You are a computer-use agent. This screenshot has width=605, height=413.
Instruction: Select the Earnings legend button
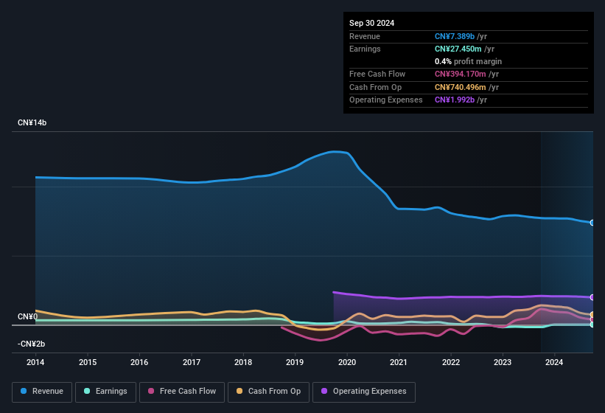(105, 392)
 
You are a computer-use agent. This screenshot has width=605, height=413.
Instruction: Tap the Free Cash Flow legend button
(182, 392)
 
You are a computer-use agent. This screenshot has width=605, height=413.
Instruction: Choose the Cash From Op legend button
(267, 392)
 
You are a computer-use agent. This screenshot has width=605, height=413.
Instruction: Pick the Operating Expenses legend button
(364, 392)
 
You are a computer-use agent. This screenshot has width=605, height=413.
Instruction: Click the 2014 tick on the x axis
(35, 362)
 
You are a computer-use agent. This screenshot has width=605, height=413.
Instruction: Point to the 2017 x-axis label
(192, 362)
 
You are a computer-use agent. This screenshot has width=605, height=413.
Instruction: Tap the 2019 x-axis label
(295, 362)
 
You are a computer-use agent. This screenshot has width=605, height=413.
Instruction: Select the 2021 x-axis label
(399, 362)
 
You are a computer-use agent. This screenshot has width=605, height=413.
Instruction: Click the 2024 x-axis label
(554, 362)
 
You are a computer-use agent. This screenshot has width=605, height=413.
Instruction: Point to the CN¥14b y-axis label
(32, 122)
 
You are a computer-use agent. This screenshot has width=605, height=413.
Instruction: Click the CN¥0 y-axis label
(27, 317)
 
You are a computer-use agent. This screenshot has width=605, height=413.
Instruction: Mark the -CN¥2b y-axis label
(32, 344)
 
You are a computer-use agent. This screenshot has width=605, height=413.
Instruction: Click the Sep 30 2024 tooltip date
(371, 23)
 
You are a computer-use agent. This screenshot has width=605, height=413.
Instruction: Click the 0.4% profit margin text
(468, 61)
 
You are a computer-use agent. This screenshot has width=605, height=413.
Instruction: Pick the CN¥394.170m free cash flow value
(466, 74)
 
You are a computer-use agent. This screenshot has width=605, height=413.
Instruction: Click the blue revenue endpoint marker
(592, 223)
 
